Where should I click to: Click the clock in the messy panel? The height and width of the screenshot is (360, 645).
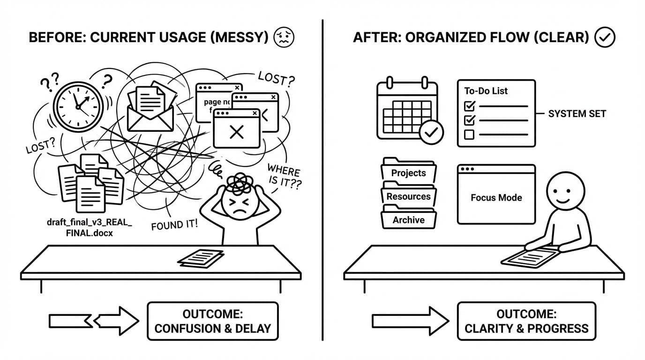(77, 104)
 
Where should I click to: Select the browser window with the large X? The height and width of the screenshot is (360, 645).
(237, 128)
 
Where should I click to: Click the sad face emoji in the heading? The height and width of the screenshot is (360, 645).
(284, 37)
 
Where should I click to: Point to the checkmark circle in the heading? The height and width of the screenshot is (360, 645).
(604, 37)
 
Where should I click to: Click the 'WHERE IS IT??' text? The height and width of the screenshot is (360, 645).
(283, 177)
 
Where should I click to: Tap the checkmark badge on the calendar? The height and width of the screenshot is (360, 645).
(431, 133)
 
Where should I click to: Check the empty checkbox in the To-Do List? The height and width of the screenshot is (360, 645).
(469, 135)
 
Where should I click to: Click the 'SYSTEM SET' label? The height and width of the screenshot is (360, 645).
(577, 114)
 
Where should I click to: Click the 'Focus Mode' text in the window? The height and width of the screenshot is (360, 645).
(496, 198)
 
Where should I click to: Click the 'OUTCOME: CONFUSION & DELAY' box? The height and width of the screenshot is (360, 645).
(212, 321)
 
